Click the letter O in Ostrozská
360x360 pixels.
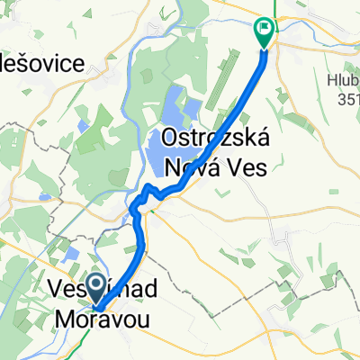pos(171,139)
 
